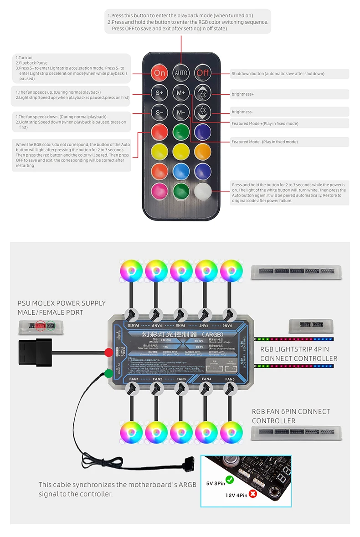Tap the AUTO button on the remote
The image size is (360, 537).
coord(181,73)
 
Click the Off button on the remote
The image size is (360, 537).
coord(203,73)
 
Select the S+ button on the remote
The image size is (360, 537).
coord(159,92)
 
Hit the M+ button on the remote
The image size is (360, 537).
coord(181,92)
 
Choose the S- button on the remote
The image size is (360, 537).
coord(159,112)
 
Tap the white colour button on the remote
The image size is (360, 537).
coord(203,191)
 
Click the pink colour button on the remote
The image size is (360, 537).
coord(159,191)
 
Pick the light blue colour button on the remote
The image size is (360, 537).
coord(181,171)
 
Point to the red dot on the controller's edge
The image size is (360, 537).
coord(108,352)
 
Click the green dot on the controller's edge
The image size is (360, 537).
coord(108,373)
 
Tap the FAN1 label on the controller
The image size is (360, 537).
coord(134,379)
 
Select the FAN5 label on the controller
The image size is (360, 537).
coord(230,379)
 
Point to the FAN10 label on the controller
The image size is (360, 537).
coord(133,326)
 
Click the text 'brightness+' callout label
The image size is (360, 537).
coord(242,94)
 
